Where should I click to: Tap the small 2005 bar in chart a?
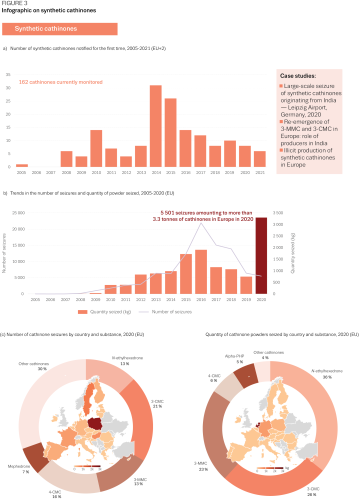point(22,164)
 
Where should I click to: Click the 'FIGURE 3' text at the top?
point(15,5)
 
